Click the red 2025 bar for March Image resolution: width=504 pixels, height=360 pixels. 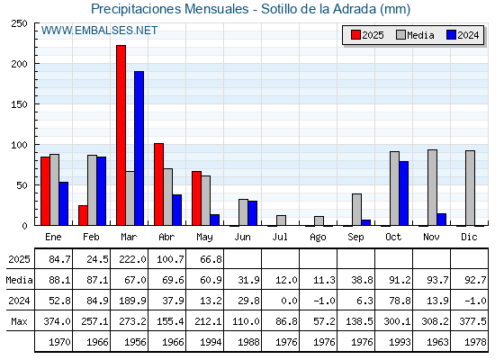tap(121, 135)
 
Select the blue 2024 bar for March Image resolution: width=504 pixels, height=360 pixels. tap(139, 148)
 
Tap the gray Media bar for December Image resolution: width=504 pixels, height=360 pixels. tap(470, 188)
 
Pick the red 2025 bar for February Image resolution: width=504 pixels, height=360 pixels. tap(83, 215)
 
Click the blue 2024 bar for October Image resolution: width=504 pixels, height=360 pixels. tap(404, 193)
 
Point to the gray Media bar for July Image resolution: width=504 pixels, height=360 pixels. tap(281, 220)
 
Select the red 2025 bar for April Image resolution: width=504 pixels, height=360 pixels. tap(158, 184)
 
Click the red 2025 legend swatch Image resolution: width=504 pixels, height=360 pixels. tap(355, 35)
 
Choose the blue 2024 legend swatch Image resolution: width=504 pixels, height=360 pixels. tap(452, 35)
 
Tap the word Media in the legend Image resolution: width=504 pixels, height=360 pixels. tap(420, 35)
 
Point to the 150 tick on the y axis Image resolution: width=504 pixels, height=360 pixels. tap(36, 103)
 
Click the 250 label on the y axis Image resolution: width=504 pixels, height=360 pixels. tap(19, 23)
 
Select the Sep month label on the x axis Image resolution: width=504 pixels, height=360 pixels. tap(355, 238)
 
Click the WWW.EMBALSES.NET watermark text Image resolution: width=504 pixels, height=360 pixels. tap(99, 31)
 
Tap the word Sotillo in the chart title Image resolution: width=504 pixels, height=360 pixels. tap(279, 9)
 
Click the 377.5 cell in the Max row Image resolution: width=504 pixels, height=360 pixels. tap(472, 321)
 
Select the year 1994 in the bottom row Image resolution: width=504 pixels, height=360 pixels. tap(211, 342)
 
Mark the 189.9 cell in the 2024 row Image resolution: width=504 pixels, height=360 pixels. tap(132, 301)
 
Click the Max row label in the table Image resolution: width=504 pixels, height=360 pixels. tap(19, 321)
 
